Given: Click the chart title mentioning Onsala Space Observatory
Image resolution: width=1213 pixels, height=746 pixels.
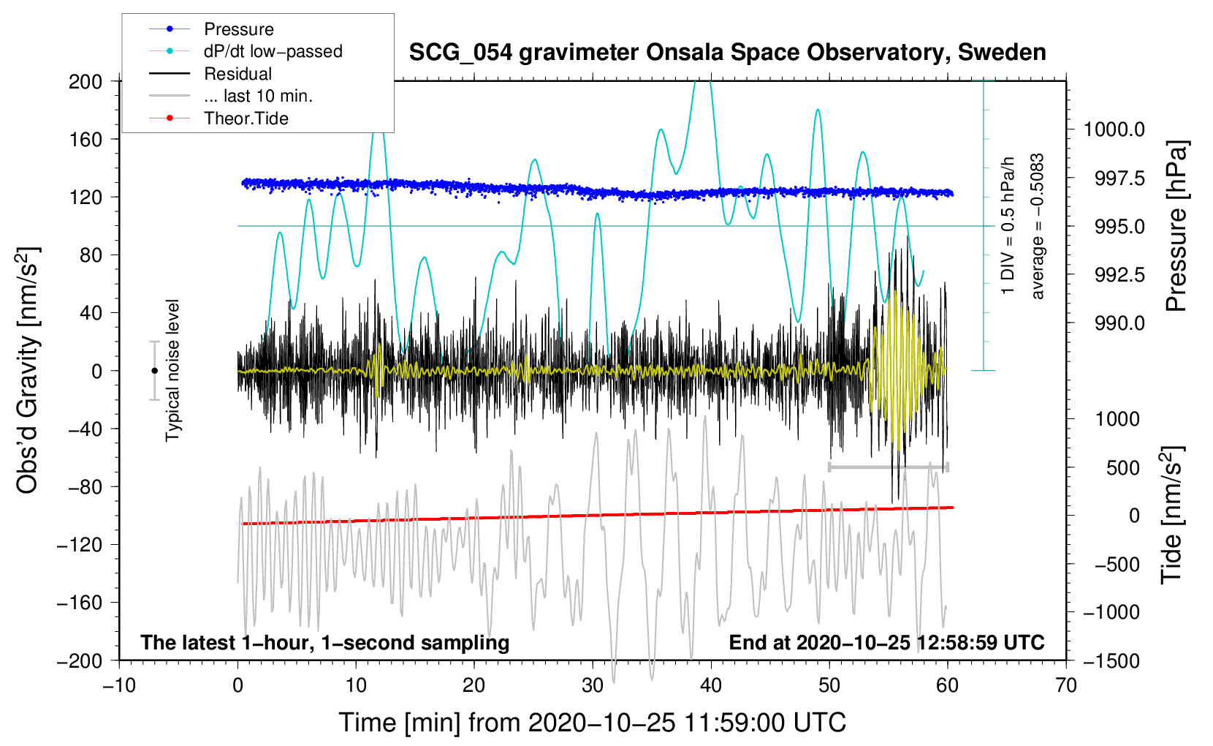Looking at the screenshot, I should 727,53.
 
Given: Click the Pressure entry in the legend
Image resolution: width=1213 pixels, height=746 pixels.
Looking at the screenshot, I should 238,29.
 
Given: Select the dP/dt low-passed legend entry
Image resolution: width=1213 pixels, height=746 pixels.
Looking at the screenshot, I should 273,51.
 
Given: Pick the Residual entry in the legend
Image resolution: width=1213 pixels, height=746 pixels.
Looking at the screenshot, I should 237,74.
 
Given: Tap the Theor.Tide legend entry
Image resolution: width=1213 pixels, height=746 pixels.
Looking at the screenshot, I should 246,118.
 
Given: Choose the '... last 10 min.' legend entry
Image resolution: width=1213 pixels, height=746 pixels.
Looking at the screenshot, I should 258,96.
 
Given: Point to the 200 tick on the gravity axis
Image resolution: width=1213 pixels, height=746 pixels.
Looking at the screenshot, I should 85,81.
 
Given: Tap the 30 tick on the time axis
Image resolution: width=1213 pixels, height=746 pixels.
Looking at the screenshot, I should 593,685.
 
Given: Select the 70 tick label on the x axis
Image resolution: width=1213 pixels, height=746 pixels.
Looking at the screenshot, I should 1066,685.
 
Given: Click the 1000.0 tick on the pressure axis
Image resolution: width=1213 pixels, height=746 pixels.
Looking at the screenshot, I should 1114,129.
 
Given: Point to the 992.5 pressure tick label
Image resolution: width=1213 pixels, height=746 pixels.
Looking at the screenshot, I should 1114,275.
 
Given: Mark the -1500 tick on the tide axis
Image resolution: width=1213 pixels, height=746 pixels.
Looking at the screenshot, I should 1111,660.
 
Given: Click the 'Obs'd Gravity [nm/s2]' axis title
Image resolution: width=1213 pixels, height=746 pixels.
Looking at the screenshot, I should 28,371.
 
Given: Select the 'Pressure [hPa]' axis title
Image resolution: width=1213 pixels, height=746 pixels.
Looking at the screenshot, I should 1176,226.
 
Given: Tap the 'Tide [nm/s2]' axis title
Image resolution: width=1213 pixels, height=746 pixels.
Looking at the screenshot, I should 1171,515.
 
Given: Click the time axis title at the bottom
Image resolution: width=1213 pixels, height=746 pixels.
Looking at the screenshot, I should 593,723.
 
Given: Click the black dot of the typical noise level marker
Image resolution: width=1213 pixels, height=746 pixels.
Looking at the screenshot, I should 154,371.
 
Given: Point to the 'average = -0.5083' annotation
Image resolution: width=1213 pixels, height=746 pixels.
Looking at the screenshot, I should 1038,226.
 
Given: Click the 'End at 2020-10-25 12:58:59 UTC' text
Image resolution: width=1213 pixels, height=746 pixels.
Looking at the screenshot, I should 886,643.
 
